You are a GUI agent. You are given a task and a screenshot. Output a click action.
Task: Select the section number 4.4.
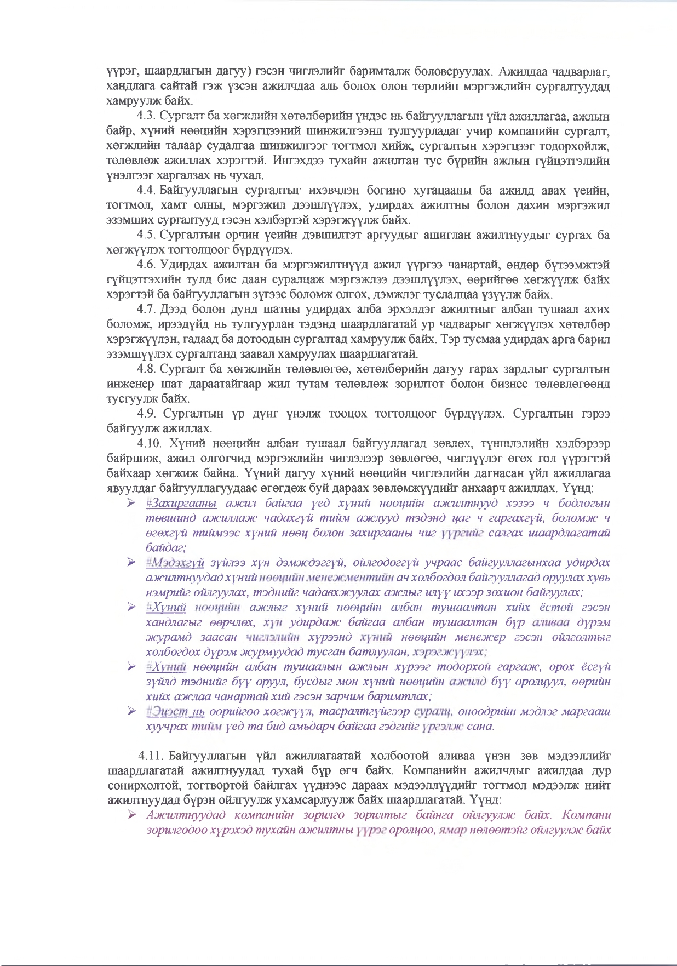pyautogui.click(x=146, y=190)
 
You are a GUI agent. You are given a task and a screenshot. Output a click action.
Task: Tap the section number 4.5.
pyautogui.click(x=146, y=235)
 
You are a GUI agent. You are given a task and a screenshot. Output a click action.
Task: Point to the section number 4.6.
pyautogui.click(x=146, y=265)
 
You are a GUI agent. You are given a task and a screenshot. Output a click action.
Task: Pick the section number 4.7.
pyautogui.click(x=146, y=310)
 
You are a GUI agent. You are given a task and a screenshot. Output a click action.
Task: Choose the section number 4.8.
pyautogui.click(x=146, y=369)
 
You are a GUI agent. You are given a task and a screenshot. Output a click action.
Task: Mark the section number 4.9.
pyautogui.click(x=147, y=413)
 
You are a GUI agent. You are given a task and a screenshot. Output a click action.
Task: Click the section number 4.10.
pyautogui.click(x=149, y=443)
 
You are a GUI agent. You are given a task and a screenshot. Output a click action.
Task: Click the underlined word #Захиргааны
pyautogui.click(x=181, y=503)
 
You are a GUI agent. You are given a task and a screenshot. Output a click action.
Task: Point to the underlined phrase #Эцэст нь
pyautogui.click(x=176, y=711)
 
